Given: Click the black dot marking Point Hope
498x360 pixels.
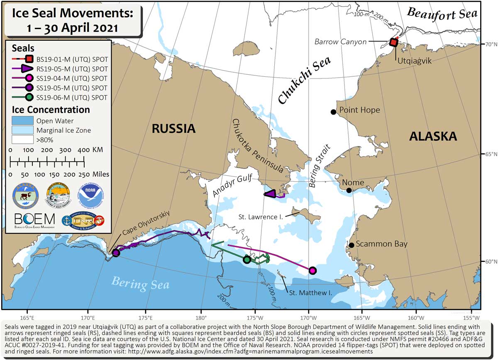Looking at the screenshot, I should pyautogui.click(x=333, y=112).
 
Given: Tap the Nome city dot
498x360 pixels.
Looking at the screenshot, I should pyautogui.click(x=349, y=190).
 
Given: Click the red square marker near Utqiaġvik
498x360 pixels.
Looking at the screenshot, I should pyautogui.click(x=394, y=42).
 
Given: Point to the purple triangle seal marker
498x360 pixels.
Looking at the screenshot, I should pyautogui.click(x=270, y=193).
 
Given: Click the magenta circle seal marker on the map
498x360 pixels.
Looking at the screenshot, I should pyautogui.click(x=312, y=270).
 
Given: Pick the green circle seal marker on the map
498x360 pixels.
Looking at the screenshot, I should pyautogui.click(x=247, y=260).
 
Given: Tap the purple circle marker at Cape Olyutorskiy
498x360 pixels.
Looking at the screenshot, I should pyautogui.click(x=116, y=252).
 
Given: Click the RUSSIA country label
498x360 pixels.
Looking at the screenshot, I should pyautogui.click(x=173, y=128).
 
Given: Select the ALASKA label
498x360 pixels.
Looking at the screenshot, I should pyautogui.click(x=433, y=136).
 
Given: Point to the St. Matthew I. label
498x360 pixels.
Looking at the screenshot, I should pyautogui.click(x=310, y=293).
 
